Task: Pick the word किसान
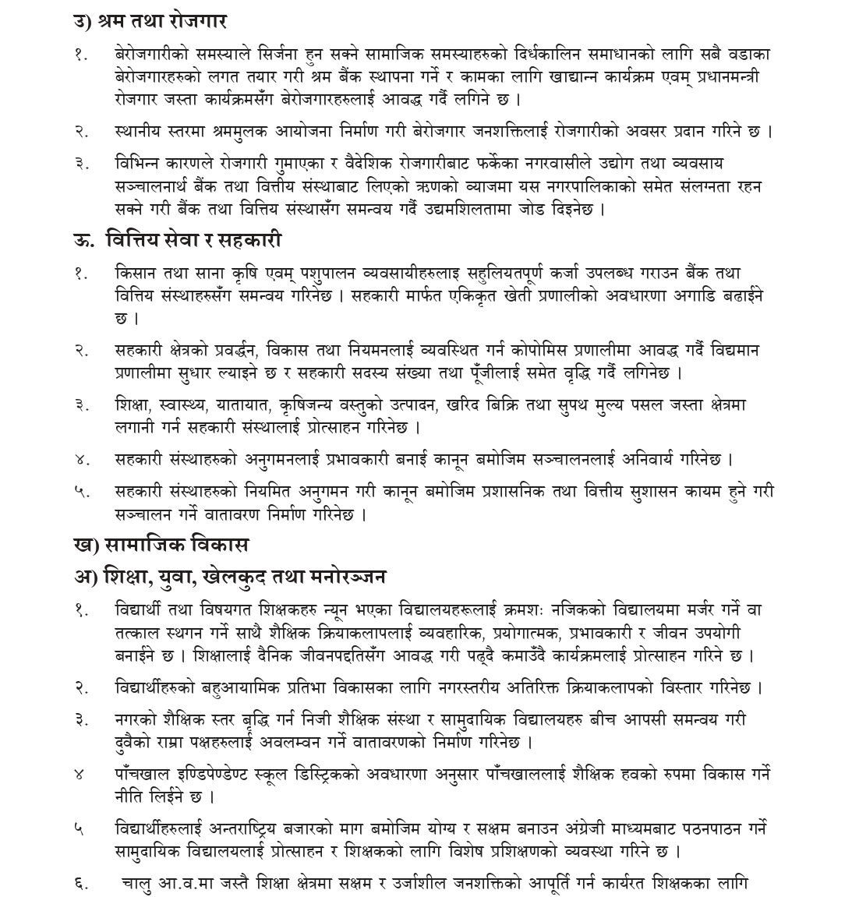click(x=136, y=274)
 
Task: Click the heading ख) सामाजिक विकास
click(x=161, y=545)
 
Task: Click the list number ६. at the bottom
click(x=81, y=883)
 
